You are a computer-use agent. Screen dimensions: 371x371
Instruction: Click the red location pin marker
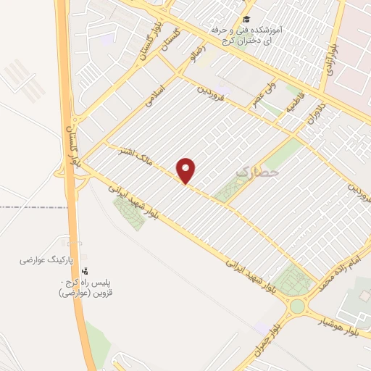tap(187, 170)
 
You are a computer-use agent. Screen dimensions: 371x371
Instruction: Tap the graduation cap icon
tap(246, 20)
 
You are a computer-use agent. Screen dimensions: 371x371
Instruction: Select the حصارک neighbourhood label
tap(253, 172)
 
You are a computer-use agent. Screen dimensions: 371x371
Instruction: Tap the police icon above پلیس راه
tap(86, 270)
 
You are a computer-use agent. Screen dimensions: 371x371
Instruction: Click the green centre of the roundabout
tap(296, 306)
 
